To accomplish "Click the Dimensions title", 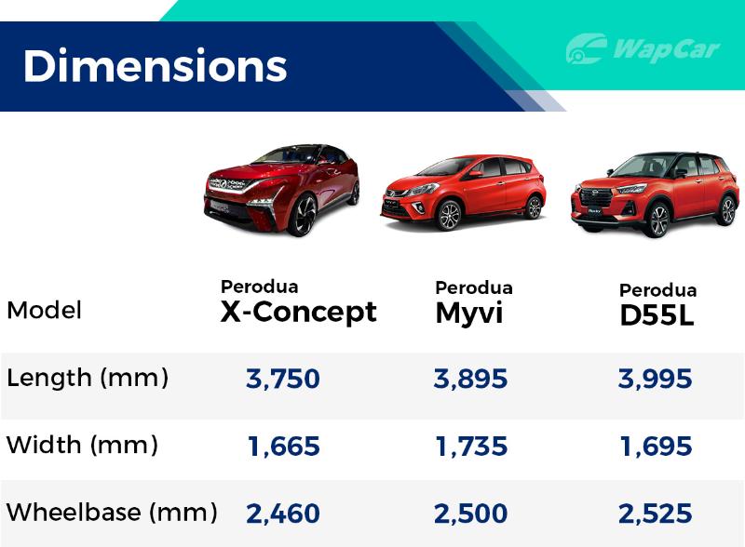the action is (155, 65).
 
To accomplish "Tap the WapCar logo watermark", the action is (643, 48).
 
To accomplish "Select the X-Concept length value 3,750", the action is (283, 379).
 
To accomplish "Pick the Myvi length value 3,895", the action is (470, 379).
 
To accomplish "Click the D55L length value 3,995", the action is (656, 379).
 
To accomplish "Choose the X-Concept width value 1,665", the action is (284, 447).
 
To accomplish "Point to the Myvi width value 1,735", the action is (471, 447).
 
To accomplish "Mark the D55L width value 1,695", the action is (657, 447).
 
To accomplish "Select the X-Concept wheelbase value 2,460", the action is (283, 514).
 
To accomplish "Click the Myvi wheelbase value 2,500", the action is (470, 514).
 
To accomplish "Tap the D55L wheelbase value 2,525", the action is (656, 514).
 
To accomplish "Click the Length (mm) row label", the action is (88, 379).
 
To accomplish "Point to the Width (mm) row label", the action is (82, 446).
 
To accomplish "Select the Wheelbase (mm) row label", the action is (112, 513).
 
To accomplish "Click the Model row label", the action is (44, 310).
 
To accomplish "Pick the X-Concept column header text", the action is (298, 302).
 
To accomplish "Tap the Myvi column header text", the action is (474, 303).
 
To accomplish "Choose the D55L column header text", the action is (658, 305).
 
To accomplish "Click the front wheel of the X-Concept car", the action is (302, 215).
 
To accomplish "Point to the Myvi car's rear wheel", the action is (535, 207).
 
